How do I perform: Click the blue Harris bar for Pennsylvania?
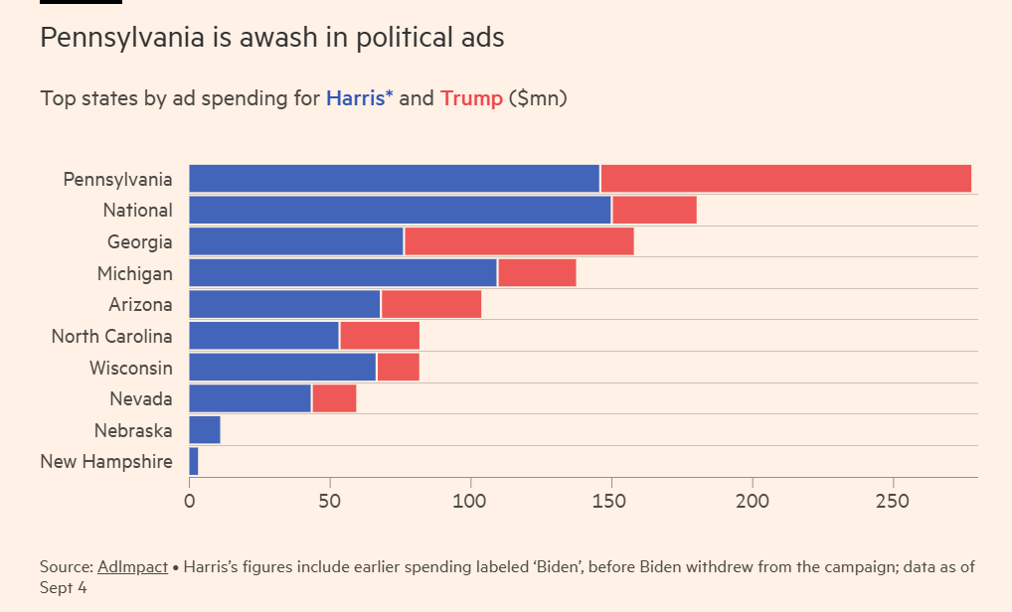[x=394, y=179]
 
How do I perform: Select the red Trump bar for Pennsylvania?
[x=785, y=179]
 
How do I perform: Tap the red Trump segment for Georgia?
[x=519, y=241]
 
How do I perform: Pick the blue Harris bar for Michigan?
[x=343, y=273]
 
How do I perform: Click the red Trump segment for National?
[x=654, y=211]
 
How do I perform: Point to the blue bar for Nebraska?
[x=205, y=430]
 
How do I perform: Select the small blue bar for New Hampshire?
[x=194, y=462]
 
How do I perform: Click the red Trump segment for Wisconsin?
[x=398, y=368]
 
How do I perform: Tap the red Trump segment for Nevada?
[x=334, y=399]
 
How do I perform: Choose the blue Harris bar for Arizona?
[x=284, y=305]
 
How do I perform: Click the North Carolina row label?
[x=111, y=337]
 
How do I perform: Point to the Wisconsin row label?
[x=130, y=368]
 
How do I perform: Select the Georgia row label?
[x=139, y=241]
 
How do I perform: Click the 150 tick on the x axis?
[x=611, y=501]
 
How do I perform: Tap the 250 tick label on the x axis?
[x=893, y=501]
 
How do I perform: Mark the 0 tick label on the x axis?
[x=189, y=501]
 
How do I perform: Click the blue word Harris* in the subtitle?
[x=360, y=99]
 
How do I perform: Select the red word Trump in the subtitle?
[x=471, y=99]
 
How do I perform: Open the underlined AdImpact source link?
[x=132, y=567]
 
